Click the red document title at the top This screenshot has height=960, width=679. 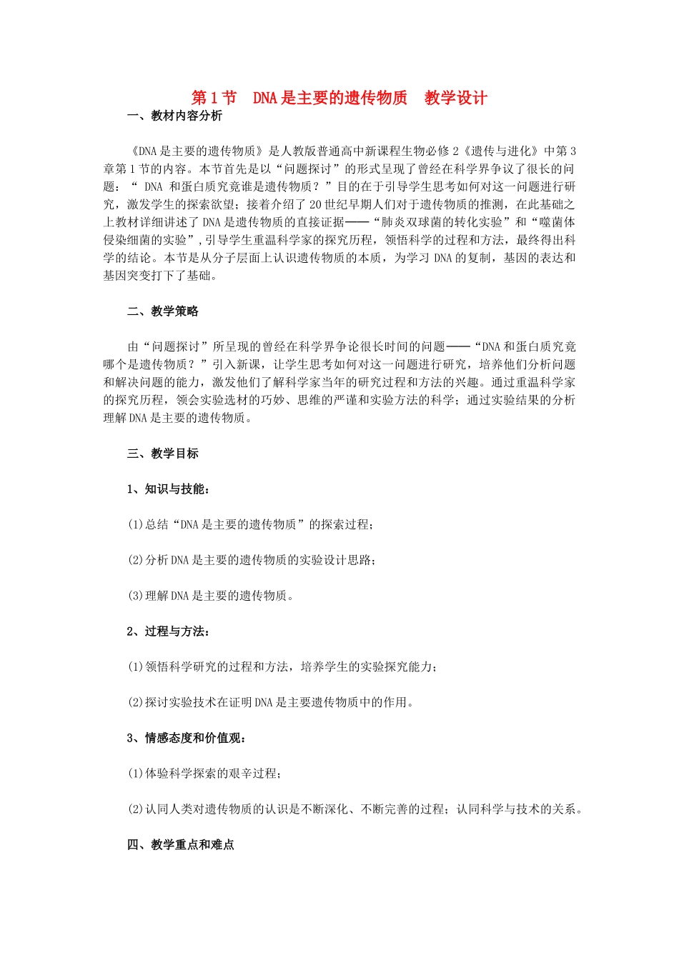339,98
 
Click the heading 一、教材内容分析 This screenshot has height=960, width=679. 174,116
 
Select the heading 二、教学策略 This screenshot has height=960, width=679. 162,311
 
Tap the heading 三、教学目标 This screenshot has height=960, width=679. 162,454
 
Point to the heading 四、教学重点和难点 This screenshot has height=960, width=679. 180,845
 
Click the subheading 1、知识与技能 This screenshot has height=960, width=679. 168,489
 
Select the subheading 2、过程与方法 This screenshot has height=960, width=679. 168,631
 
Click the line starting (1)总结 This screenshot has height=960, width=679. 250,525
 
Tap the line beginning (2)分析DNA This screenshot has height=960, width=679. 252,560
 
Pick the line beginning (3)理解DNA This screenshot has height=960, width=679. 211,596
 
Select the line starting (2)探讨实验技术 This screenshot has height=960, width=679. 270,702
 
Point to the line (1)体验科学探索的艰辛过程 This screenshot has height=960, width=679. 204,774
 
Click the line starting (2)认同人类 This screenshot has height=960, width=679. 355,809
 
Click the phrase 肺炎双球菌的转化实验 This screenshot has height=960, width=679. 442,222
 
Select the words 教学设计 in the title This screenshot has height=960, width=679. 455,98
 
